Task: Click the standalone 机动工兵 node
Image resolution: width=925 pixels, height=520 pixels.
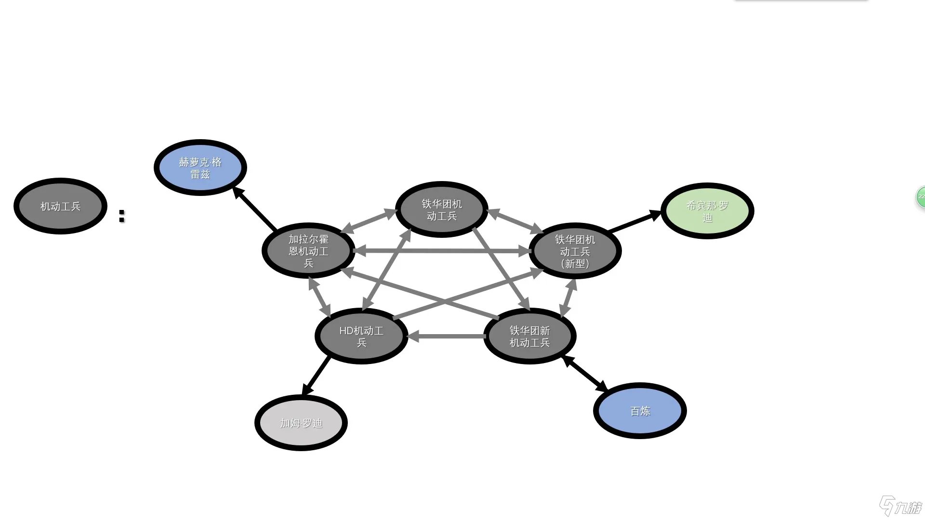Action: [60, 206]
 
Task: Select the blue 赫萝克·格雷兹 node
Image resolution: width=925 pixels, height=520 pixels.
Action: [200, 168]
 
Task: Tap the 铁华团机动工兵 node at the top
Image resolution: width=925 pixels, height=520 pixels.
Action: [441, 209]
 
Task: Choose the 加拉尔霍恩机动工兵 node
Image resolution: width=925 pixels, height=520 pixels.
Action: [308, 250]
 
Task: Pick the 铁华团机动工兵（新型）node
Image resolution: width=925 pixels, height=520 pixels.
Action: [575, 251]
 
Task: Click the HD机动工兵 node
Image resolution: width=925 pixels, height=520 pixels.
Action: [361, 336]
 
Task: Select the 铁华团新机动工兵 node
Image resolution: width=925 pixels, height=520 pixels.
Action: [529, 336]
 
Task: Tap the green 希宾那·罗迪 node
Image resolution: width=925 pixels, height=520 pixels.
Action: [707, 211]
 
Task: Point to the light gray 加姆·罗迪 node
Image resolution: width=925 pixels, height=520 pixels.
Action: [301, 423]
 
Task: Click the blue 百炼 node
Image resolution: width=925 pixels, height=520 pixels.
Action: [640, 411]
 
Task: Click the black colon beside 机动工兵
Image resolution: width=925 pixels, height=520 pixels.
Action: [121, 216]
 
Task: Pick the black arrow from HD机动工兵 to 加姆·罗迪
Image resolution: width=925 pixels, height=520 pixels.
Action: [317, 376]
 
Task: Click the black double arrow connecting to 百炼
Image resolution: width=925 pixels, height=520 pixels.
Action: [585, 374]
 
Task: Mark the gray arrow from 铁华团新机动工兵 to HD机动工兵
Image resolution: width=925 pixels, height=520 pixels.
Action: [446, 336]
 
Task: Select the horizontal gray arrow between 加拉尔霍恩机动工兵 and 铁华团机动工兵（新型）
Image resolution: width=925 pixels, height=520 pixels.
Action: [442, 250]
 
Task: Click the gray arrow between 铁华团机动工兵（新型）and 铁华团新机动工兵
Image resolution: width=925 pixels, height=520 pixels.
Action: [568, 298]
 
